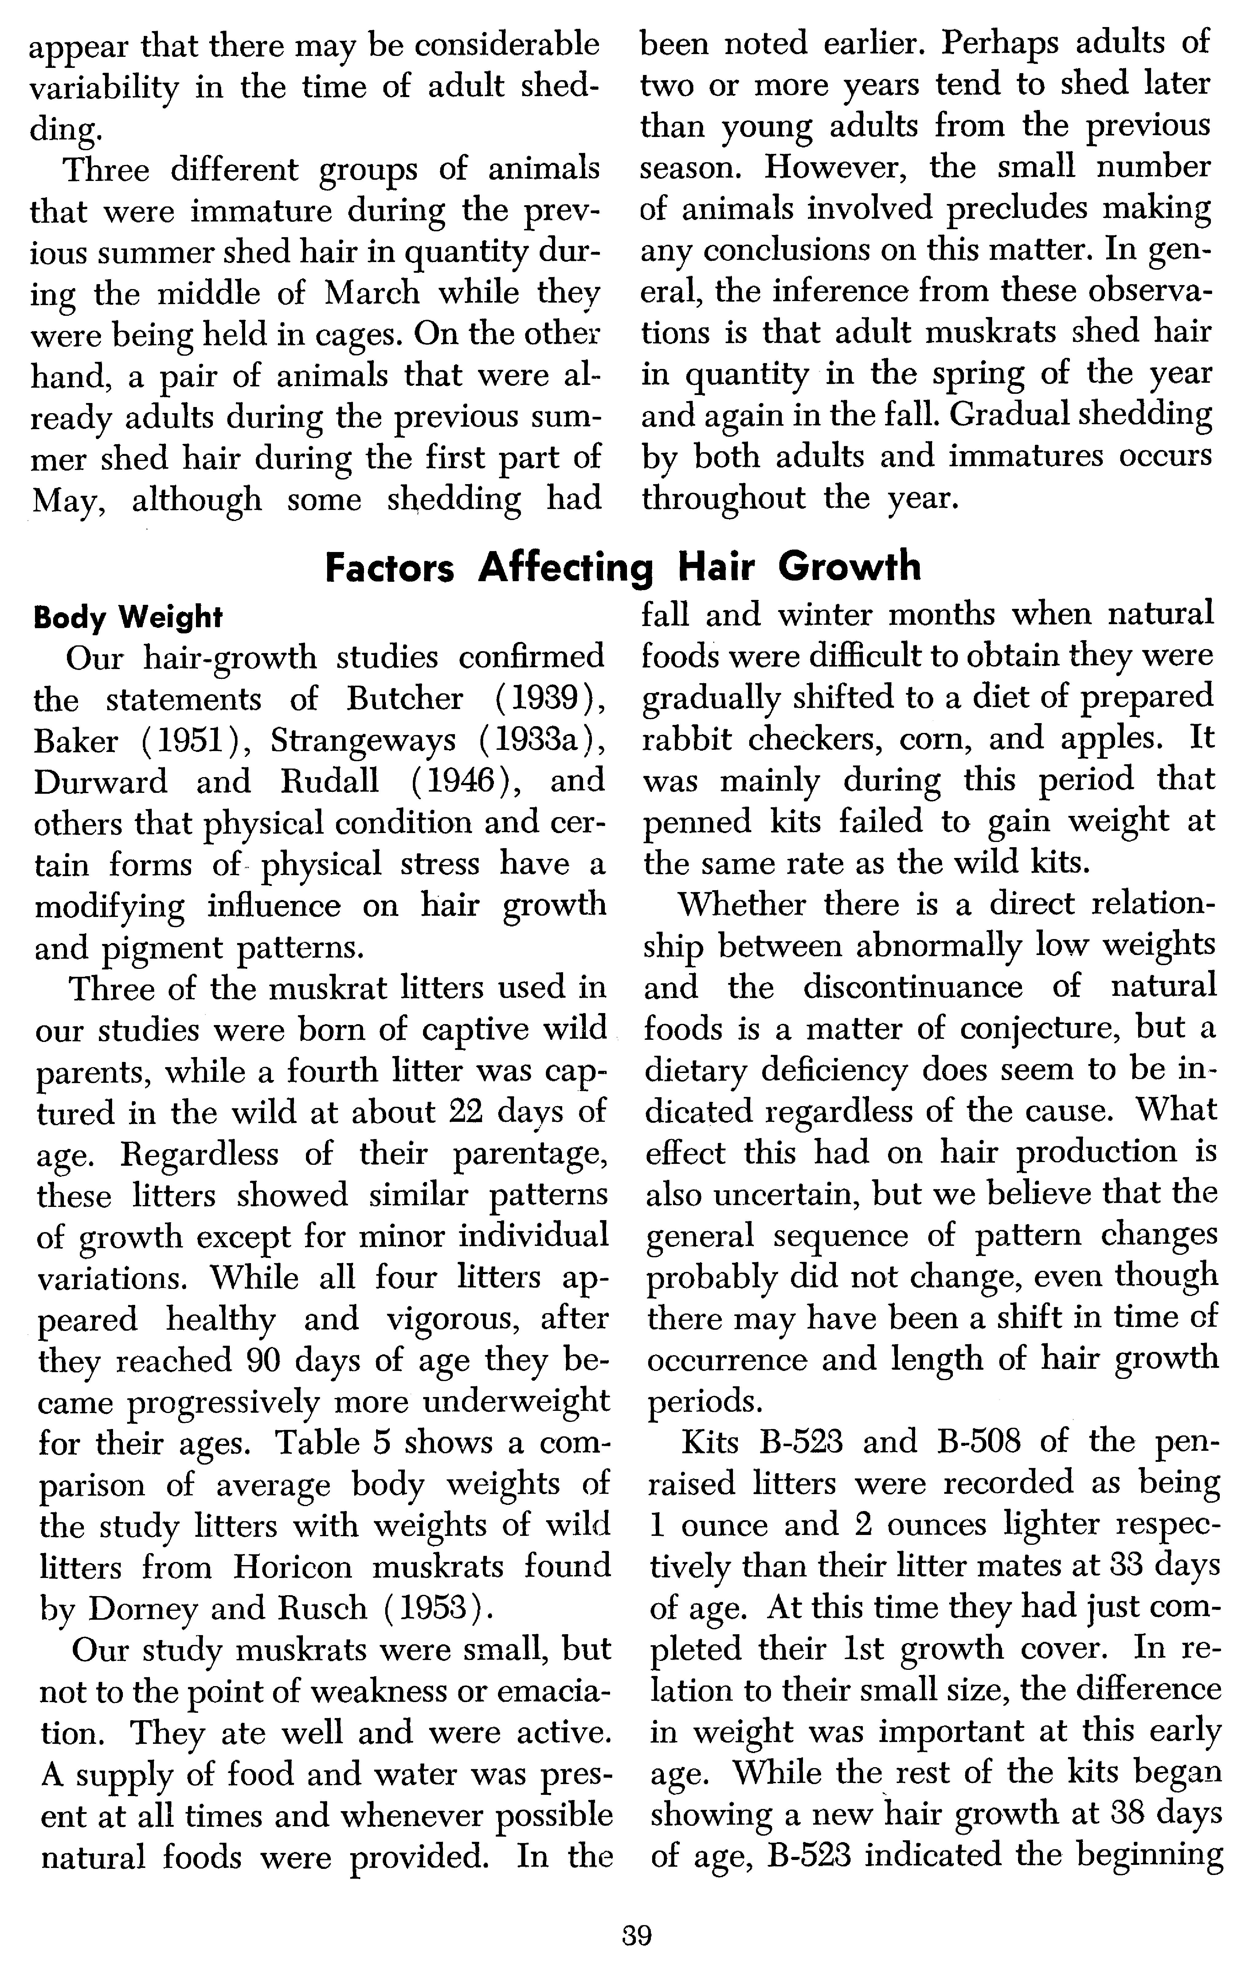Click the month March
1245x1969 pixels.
pos(372,293)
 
